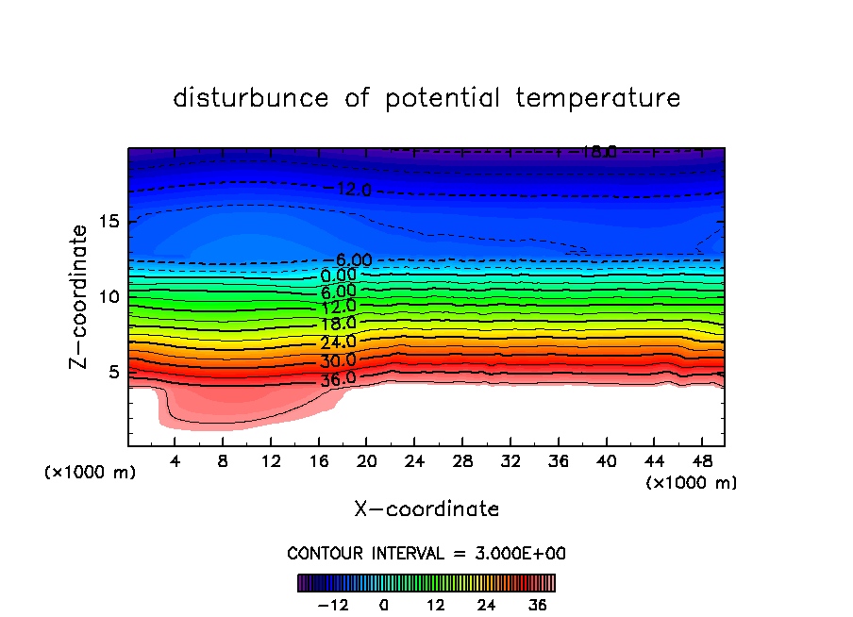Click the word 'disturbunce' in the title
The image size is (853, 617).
point(252,98)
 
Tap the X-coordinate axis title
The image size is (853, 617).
point(426,509)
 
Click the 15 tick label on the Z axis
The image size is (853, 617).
point(108,222)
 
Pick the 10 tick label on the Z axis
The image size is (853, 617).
point(108,297)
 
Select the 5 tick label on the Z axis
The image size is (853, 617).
point(112,372)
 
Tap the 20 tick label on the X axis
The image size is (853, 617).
point(366,461)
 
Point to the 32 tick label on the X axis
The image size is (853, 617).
point(510,461)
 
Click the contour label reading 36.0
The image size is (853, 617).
point(339,378)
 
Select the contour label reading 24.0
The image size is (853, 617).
point(339,342)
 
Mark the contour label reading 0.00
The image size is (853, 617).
point(339,275)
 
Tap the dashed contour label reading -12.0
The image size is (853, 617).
point(354,190)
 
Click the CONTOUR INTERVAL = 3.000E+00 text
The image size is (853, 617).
point(426,553)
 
